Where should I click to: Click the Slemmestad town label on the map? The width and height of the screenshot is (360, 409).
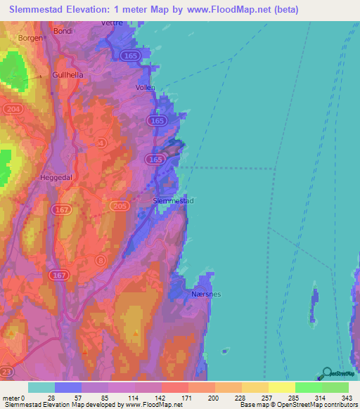coord(173,201)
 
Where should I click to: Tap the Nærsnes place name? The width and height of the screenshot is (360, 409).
coord(206,295)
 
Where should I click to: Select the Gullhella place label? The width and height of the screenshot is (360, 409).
coord(66,74)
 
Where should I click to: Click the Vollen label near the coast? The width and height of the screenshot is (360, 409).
coord(146,88)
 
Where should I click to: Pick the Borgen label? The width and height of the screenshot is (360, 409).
coord(30,37)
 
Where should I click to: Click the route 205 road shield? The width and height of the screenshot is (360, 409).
coord(120,205)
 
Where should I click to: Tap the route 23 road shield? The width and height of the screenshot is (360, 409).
coord(6,370)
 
